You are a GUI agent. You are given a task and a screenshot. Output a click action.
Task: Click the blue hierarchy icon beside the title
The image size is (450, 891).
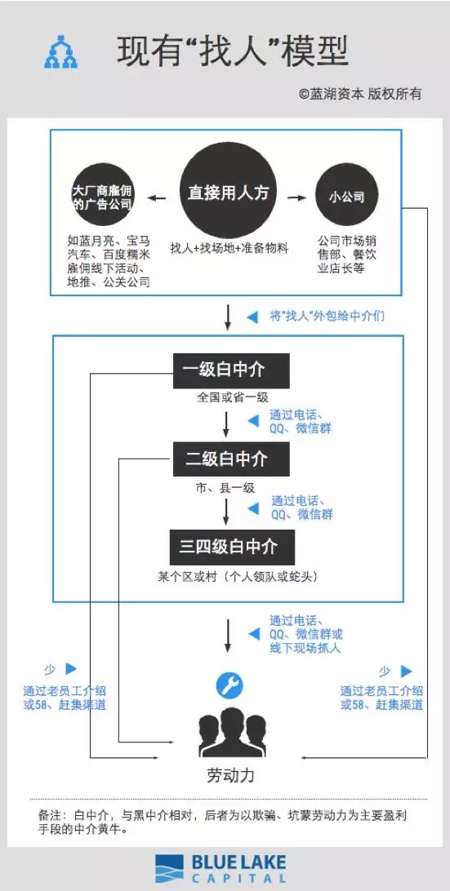coord(60,53)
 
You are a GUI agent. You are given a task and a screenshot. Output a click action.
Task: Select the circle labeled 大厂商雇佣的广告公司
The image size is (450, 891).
coord(102,197)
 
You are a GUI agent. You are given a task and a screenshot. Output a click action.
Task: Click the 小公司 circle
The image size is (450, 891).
coord(346,197)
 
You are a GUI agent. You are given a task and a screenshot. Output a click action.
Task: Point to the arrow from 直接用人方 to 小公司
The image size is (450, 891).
coord(297,197)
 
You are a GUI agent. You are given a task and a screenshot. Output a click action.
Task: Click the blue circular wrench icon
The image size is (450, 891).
coord(229,685)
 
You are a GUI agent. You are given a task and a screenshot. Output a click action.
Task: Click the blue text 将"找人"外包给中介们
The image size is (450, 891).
coord(327,315)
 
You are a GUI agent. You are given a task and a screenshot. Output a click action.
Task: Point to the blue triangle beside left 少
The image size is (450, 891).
coord(71,669)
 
